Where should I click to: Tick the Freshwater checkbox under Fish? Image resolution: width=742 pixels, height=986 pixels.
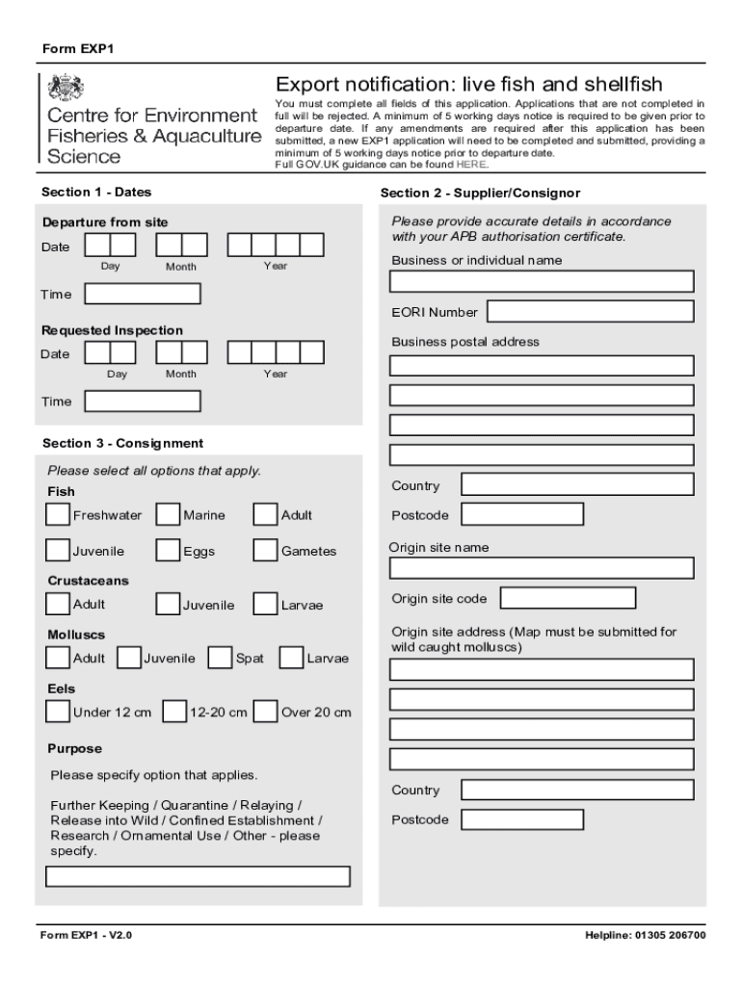pos(58,515)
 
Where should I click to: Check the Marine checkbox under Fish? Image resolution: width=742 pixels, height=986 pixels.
pos(168,515)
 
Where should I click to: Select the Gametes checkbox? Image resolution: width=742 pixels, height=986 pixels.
pos(266,551)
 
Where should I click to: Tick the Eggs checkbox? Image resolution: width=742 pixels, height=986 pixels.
pos(168,551)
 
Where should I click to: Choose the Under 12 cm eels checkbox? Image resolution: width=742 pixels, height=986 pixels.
pos(58,712)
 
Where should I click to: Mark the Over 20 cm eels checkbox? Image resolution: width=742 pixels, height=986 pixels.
pos(266,712)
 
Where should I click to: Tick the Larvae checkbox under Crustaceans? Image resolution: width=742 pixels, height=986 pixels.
pos(266,605)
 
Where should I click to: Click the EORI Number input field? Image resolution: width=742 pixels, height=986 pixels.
pos(590,311)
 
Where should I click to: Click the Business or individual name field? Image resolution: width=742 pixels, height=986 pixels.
pos(542,281)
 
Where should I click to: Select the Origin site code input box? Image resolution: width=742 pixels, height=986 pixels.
pos(569,598)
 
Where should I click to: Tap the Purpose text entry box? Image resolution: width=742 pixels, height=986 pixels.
pos(199,876)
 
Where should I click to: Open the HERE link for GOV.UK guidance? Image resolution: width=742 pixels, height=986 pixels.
pos(471,165)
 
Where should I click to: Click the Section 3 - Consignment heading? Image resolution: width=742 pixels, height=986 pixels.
pos(122,443)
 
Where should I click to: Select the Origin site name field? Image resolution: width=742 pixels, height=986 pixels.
pos(542,567)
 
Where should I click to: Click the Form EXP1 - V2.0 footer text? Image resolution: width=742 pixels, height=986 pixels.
pos(86,935)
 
